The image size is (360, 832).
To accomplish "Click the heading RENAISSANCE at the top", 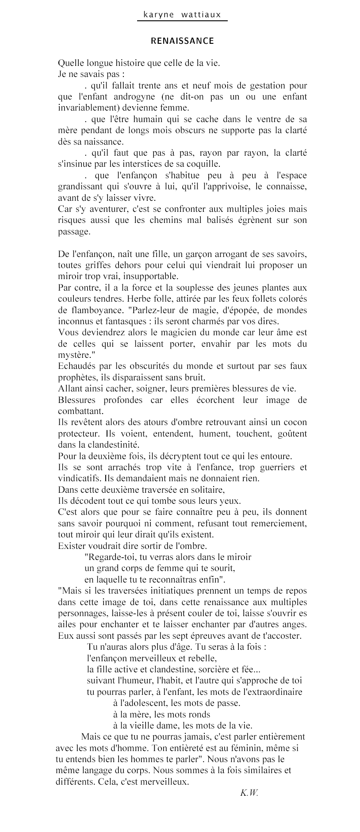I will click(x=182, y=41).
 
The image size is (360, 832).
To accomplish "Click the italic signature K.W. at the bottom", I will click(x=249, y=792).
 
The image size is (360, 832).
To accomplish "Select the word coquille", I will click(x=202, y=164).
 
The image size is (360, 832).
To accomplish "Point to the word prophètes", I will click(x=78, y=377).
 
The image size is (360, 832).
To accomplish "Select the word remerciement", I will click(x=282, y=523).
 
